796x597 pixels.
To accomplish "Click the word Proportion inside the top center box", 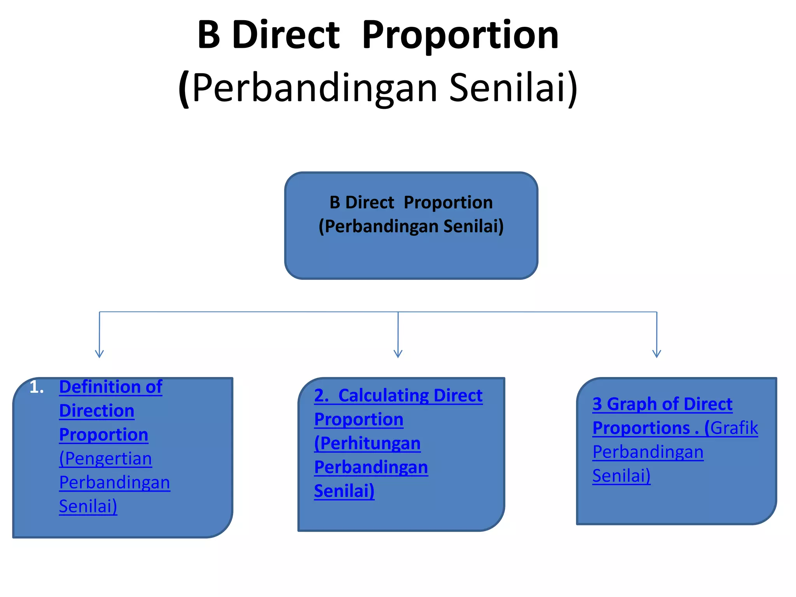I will tap(448, 202).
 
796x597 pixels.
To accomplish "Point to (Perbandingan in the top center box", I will tap(379, 227).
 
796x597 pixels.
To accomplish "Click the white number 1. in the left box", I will tap(37, 387).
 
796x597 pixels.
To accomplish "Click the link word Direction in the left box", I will tap(96, 411).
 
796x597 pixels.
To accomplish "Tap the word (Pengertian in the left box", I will tap(105, 459).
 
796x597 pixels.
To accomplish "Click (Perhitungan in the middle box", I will tap(367, 443).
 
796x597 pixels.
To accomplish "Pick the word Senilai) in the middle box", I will tap(344, 491).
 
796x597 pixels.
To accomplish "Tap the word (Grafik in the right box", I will tap(731, 428).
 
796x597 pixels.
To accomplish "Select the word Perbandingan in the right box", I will tap(648, 452).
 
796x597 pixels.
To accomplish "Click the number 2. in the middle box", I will tap(321, 396).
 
